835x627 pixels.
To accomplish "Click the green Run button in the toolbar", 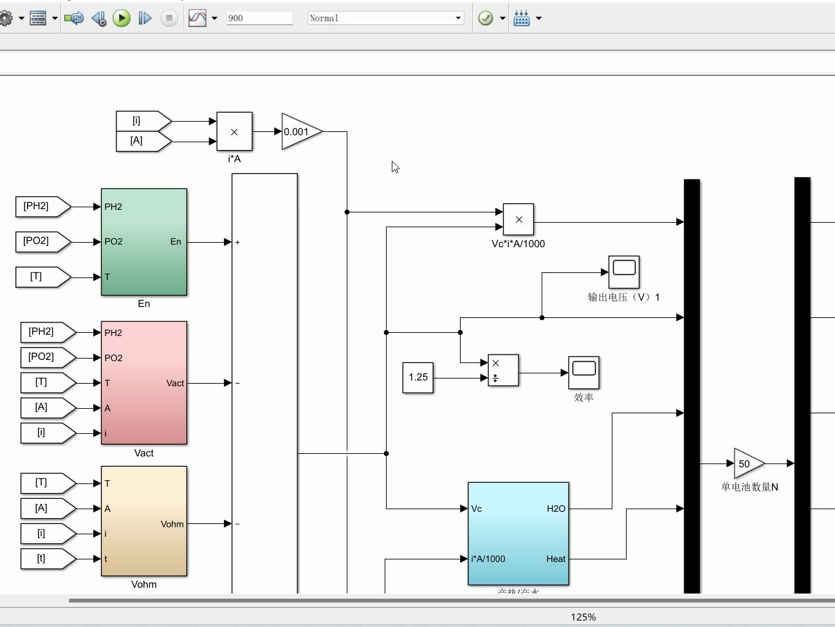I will [122, 18].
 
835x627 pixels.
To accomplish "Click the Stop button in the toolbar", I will [169, 18].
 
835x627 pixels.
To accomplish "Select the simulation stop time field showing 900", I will [259, 18].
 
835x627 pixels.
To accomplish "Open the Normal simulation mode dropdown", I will [385, 18].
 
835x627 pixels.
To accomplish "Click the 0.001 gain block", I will [299, 132].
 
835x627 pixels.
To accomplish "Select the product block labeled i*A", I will [234, 132].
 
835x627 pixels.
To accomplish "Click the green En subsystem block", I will [144, 242].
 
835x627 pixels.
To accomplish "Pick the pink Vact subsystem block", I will [144, 383].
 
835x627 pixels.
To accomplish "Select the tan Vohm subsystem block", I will [144, 521].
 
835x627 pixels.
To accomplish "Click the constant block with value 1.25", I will [418, 377].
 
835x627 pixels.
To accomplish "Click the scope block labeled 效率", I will [583, 373].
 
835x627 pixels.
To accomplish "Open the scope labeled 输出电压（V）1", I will [624, 272].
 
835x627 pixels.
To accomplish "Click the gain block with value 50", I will [747, 463].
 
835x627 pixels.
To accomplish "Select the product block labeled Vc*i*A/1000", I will [518, 220].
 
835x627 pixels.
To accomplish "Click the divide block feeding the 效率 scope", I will [503, 371].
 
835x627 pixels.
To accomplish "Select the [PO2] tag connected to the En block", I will [40, 241].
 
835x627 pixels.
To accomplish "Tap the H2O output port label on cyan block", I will [556, 509].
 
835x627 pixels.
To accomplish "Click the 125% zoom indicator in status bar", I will [583, 617].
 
